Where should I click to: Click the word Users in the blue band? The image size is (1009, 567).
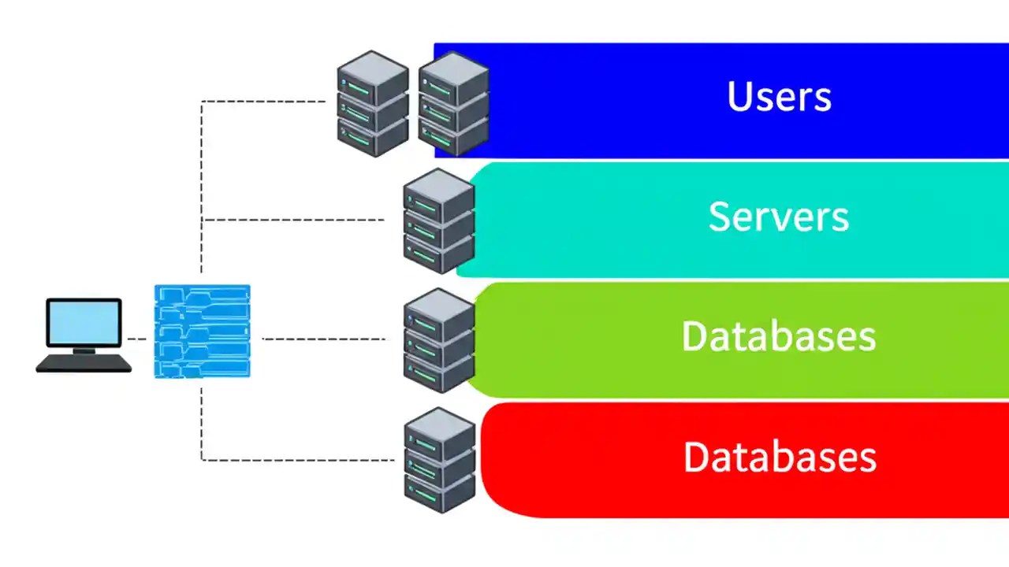[x=779, y=97]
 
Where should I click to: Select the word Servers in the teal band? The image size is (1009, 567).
[x=779, y=217]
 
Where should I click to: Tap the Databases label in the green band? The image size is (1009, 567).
[x=779, y=336]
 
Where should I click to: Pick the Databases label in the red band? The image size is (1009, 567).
[x=780, y=458]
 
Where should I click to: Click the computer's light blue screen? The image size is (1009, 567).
[x=84, y=322]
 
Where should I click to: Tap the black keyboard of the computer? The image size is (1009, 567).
[x=84, y=363]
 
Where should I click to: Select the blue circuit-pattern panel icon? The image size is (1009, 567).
[x=202, y=331]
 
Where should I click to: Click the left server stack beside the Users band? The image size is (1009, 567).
[x=372, y=103]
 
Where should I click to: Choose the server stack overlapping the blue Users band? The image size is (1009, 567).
[x=453, y=103]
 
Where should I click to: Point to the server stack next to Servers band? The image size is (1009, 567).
[x=438, y=221]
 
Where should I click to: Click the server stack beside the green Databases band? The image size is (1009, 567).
[x=438, y=340]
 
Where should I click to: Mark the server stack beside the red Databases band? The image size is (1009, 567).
[x=439, y=461]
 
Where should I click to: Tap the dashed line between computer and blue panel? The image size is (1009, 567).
[x=138, y=339]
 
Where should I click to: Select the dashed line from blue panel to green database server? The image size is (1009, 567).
[x=323, y=339]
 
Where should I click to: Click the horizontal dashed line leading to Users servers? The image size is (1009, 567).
[x=264, y=101]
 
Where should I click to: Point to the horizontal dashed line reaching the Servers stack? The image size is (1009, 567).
[x=292, y=220]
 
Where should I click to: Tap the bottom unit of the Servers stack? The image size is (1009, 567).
[x=438, y=253]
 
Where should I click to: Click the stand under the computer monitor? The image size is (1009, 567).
[x=83, y=350]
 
